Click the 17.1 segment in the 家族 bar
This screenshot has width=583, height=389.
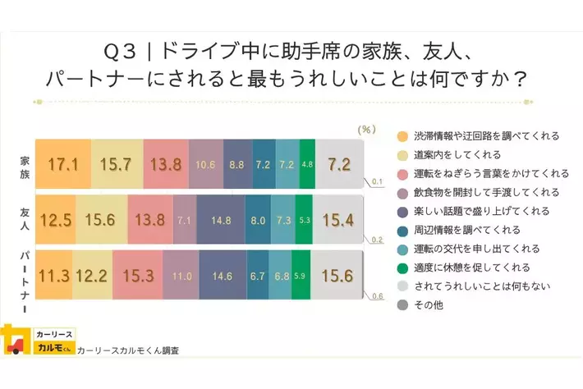tap(62, 163)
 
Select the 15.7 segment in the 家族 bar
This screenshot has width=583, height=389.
tap(117, 163)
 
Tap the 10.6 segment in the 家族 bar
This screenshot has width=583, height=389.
tap(205, 163)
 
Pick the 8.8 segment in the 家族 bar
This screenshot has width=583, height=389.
tap(237, 163)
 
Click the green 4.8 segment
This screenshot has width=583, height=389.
tap(307, 163)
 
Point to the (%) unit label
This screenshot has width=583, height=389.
tap(367, 130)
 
